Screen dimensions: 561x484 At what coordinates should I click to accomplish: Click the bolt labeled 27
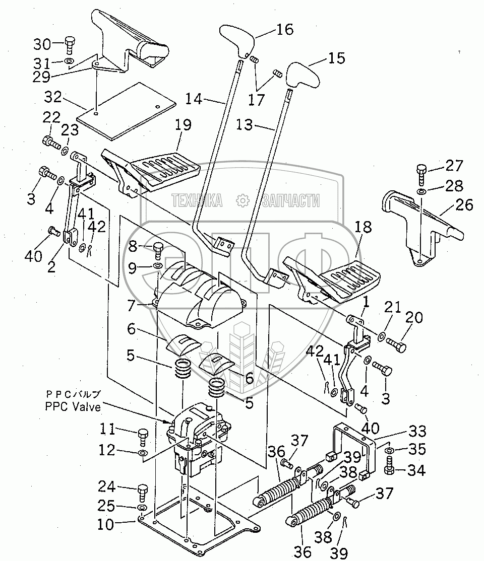tap(421, 174)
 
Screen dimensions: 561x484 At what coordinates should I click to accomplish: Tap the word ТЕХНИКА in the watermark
tap(197, 201)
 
